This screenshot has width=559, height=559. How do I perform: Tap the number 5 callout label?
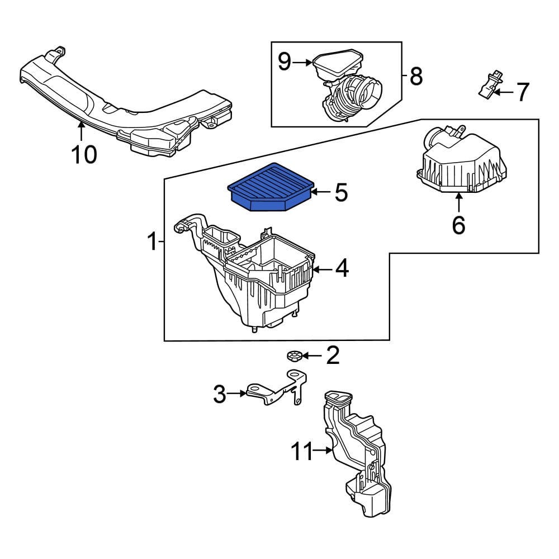pyautogui.click(x=341, y=193)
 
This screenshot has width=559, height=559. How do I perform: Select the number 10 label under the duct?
pyautogui.click(x=84, y=154)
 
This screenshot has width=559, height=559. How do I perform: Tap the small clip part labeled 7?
pyautogui.click(x=487, y=84)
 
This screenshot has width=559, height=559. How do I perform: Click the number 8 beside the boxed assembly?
pyautogui.click(x=416, y=76)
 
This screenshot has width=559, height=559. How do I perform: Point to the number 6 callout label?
pyautogui.click(x=458, y=225)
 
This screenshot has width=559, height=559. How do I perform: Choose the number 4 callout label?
pyautogui.click(x=342, y=269)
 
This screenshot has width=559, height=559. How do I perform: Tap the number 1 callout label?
pyautogui.click(x=151, y=242)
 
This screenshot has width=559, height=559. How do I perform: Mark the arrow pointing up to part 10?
pyautogui.click(x=82, y=131)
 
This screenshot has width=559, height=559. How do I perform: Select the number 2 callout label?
pyautogui.click(x=333, y=355)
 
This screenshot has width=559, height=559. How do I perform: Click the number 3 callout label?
pyautogui.click(x=220, y=394)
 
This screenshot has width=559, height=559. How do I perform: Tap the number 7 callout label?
pyautogui.click(x=522, y=92)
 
